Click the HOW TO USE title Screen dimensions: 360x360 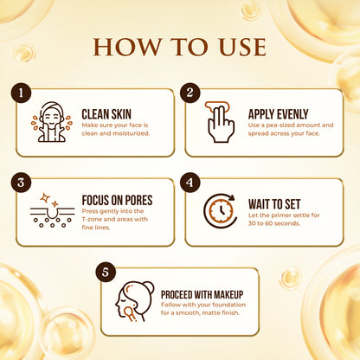180,44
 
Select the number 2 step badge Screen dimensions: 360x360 191,92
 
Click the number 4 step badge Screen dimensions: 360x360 191,183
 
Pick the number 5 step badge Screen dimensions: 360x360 107,273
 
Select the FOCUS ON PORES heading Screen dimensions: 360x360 117,200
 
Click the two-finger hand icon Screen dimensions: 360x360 220,122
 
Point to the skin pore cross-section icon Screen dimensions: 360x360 52,211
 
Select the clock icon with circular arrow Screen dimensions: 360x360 220,211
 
